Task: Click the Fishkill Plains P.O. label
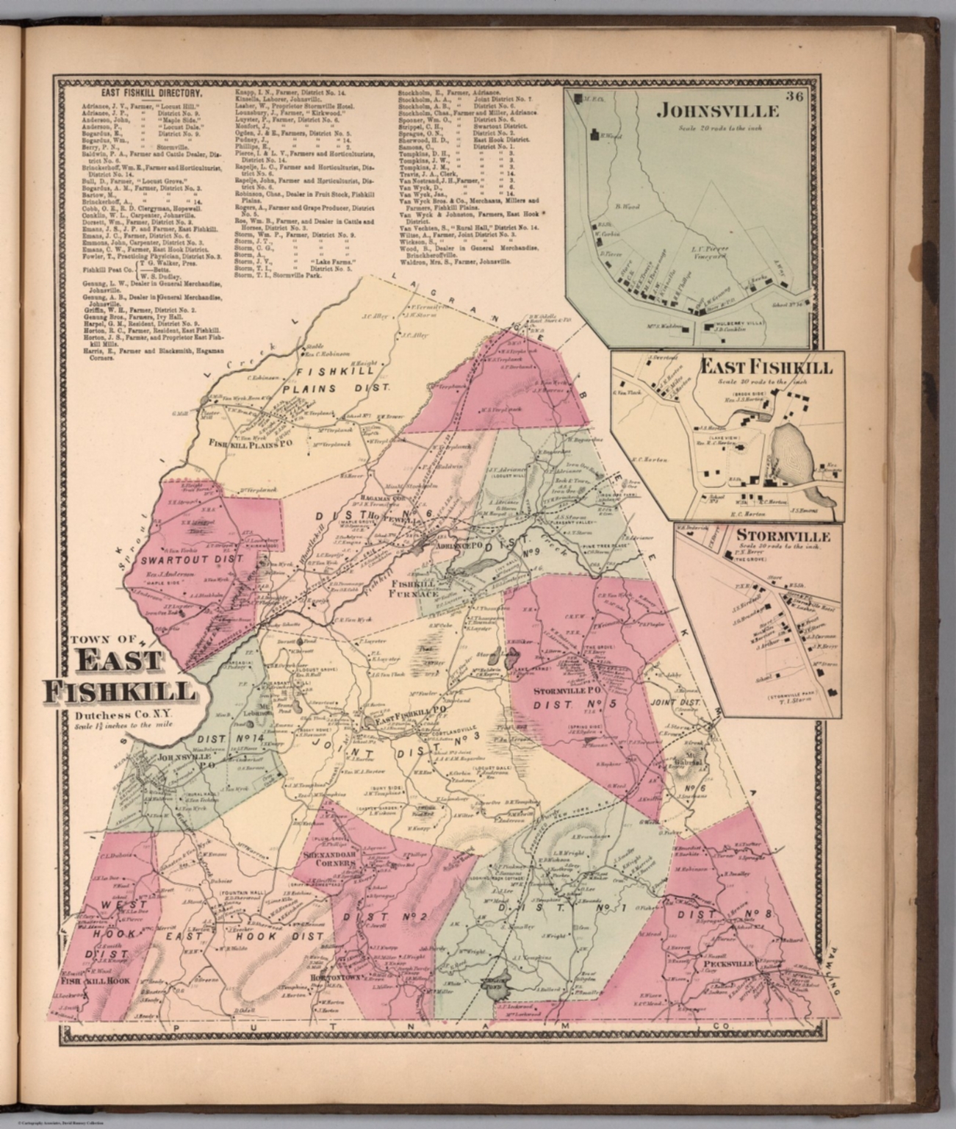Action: click(242, 443)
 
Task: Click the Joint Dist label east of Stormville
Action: click(674, 702)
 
